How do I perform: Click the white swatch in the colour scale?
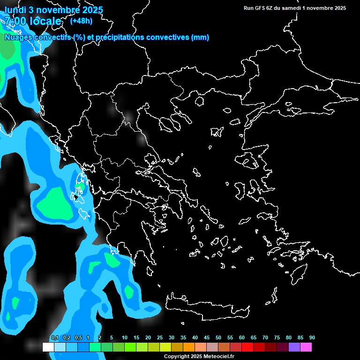click(x=48, y=347)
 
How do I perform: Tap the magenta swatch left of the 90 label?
click(x=306, y=347)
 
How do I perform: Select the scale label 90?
click(x=312, y=338)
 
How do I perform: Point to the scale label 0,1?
click(x=55, y=338)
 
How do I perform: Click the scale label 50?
click(x=218, y=338)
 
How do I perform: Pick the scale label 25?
click(x=160, y=338)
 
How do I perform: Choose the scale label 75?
click(x=277, y=338)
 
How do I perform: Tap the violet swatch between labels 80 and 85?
click(x=294, y=347)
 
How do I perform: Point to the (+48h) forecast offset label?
click(x=81, y=21)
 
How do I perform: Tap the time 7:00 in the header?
click(x=15, y=21)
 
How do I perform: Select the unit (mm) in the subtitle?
click(x=200, y=37)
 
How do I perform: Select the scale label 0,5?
click(x=78, y=338)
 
